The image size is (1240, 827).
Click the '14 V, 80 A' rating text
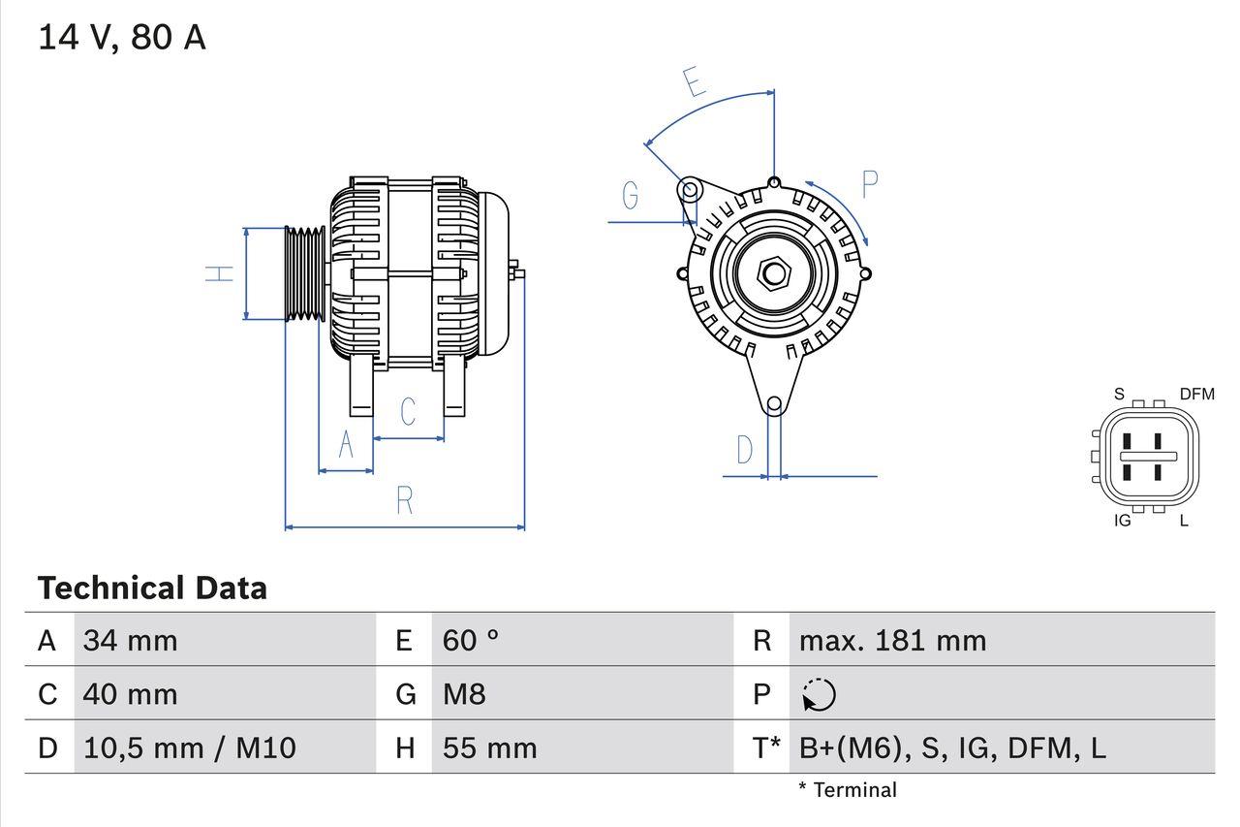[x=122, y=38]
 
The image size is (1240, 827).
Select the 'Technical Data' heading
[x=152, y=588]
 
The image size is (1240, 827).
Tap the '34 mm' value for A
[x=130, y=640]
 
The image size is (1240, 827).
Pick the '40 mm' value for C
[x=130, y=694]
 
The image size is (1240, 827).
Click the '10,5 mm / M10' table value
[x=189, y=747]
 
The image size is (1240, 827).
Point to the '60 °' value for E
[x=471, y=640]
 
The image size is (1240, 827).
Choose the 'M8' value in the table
[x=463, y=694]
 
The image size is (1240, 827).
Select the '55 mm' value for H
[x=489, y=747]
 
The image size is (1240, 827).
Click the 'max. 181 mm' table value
[x=892, y=640]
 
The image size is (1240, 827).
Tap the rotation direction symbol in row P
[x=819, y=694]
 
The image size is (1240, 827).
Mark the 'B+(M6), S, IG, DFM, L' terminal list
[x=951, y=747]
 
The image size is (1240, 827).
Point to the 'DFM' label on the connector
[x=1196, y=394]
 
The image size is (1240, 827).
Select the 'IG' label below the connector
[x=1123, y=521]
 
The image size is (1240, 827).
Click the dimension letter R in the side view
[x=405, y=500]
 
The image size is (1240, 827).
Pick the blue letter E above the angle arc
[x=693, y=82]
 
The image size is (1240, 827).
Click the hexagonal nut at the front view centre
[x=772, y=273]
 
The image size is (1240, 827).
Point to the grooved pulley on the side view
[x=305, y=273]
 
